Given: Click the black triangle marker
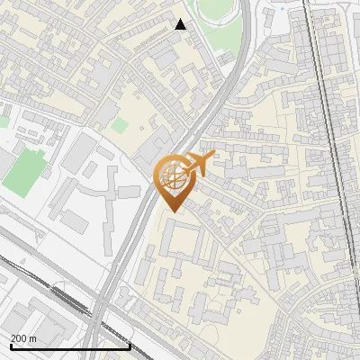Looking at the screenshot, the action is (181, 24).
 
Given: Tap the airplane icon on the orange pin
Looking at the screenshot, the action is (197, 163).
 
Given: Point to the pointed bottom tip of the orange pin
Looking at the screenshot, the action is (171, 212).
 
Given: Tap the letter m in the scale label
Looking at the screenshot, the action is (33, 337).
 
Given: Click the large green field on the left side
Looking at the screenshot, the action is (25, 171).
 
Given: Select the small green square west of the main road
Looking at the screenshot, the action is (120, 125).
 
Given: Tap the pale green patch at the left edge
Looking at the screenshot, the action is (4, 120).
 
